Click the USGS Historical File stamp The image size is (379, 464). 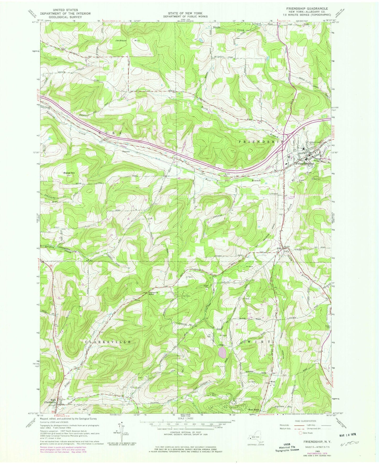287,449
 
